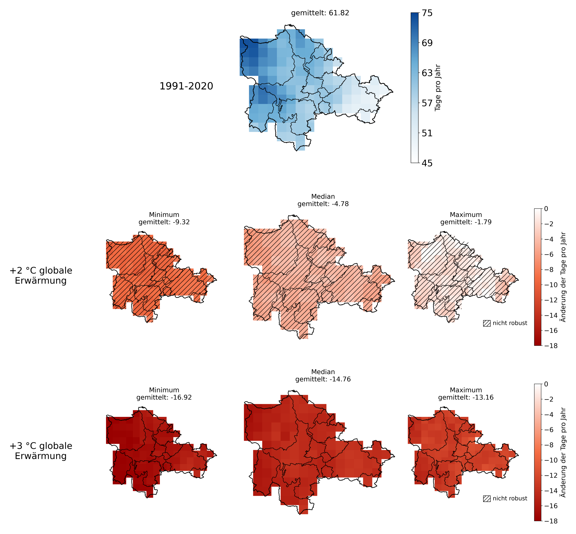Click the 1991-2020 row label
coord(186,86)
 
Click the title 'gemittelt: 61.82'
coord(320,13)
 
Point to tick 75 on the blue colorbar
coord(427,13)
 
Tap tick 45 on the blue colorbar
coord(427,163)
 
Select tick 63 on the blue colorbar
coord(427,73)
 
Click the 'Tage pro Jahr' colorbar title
coord(438,87)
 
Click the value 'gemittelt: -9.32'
coord(164,222)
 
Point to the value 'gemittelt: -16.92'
coord(164,397)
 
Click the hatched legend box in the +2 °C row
coord(487,323)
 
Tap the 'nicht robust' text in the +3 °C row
coord(510,499)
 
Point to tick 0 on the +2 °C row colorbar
coord(546,209)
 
